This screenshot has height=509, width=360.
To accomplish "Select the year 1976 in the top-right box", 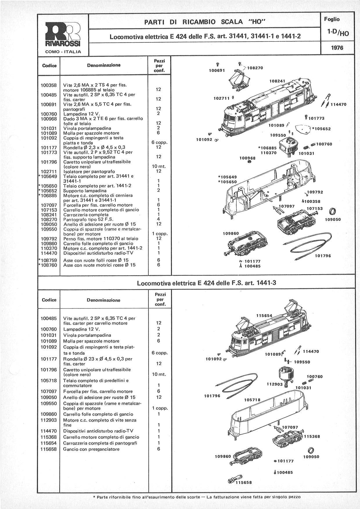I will (x=337, y=48).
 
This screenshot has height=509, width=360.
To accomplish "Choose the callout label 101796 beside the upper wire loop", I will (x=323, y=256).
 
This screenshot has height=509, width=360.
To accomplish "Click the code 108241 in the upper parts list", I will (x=49, y=215).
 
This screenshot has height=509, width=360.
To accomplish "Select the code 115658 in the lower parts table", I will (x=49, y=449).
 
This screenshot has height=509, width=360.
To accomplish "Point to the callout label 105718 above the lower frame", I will (x=252, y=400).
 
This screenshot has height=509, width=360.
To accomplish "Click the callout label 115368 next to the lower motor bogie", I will (x=312, y=436).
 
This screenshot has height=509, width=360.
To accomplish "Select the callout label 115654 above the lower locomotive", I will (x=264, y=316).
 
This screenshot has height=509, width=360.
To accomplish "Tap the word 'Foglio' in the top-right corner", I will (x=332, y=19).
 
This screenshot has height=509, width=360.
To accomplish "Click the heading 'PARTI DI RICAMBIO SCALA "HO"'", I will (x=205, y=21).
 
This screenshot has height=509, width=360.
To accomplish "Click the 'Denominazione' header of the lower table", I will (x=103, y=300).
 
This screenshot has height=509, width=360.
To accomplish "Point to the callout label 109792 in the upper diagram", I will (x=315, y=192).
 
